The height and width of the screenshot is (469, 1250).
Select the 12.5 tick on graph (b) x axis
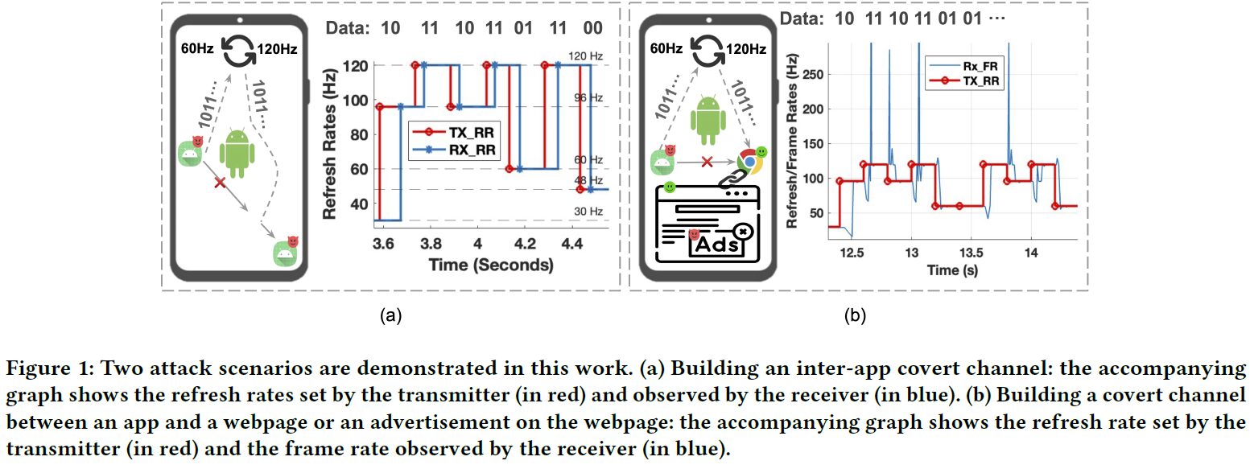pos(852,252)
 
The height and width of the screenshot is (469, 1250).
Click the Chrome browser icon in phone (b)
pos(749,161)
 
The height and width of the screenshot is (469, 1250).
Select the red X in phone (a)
pos(219,183)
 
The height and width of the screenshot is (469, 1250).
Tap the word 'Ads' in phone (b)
pos(716,244)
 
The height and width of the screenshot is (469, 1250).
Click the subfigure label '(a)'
pos(390,315)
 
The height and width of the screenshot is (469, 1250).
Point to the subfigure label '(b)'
pos(854,315)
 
